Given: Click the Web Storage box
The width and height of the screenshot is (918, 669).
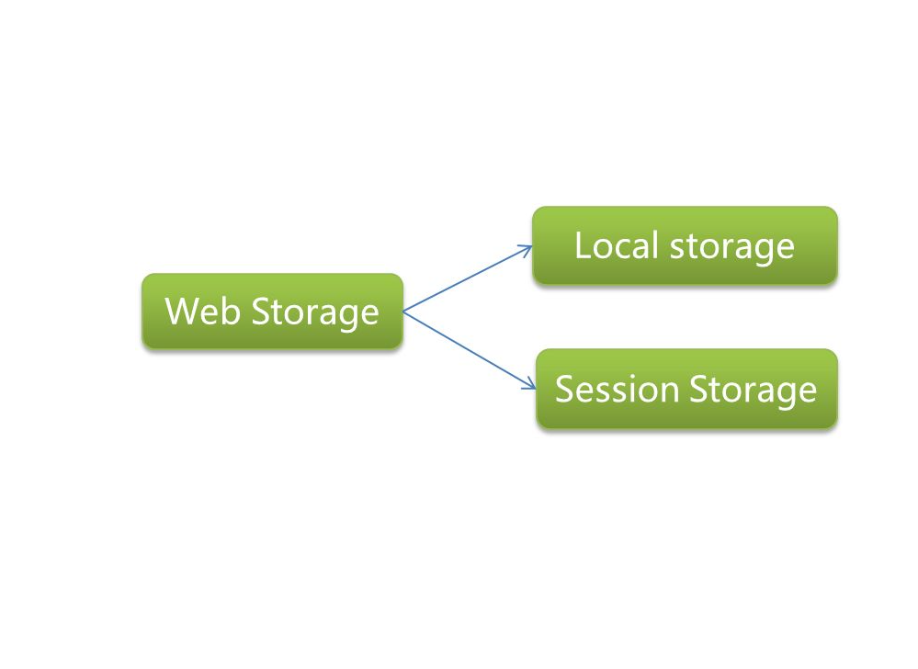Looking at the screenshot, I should pyautogui.click(x=272, y=312).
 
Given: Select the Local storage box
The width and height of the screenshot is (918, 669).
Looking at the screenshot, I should pyautogui.click(x=685, y=245).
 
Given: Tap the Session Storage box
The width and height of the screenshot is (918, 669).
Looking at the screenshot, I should pyautogui.click(x=686, y=389).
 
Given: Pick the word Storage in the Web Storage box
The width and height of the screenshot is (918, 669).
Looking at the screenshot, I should pyautogui.click(x=315, y=312).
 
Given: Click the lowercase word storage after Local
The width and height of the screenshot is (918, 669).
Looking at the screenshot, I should pyautogui.click(x=731, y=246).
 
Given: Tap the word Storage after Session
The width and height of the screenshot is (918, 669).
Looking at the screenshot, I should pyautogui.click(x=753, y=390).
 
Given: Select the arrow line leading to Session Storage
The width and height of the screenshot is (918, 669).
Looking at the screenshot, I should pyautogui.click(x=469, y=350).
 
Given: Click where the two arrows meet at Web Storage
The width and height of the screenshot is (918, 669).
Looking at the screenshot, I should pyautogui.click(x=404, y=312).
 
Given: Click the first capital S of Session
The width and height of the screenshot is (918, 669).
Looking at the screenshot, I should pyautogui.click(x=565, y=389).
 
